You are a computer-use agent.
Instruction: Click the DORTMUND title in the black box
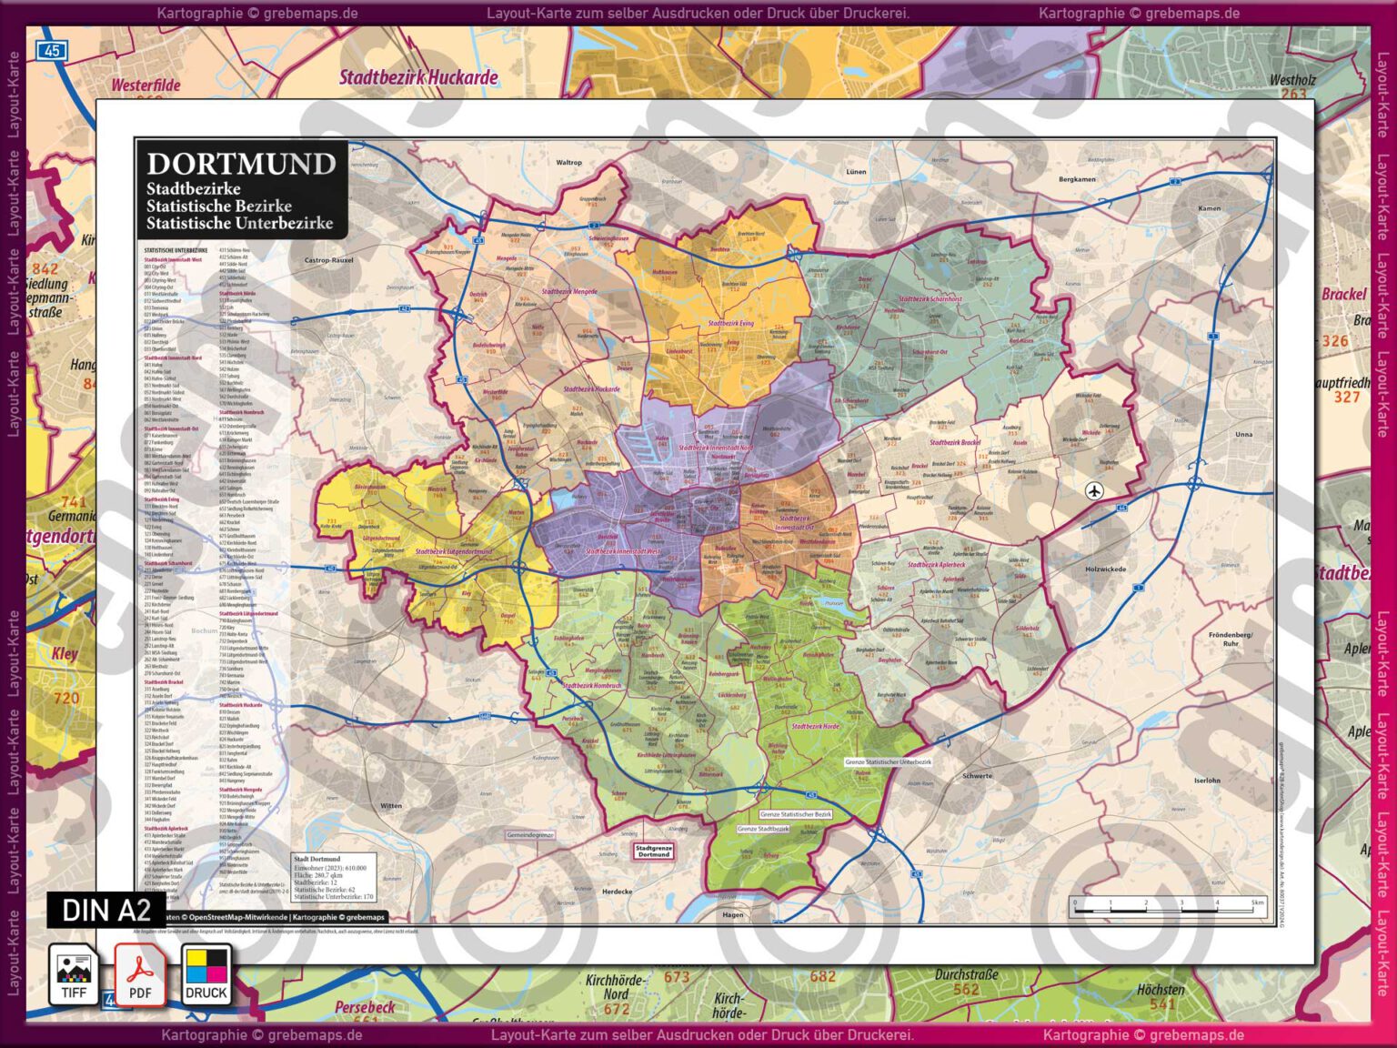(x=241, y=164)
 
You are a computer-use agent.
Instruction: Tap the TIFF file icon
(x=74, y=974)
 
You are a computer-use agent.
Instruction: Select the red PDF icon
(x=140, y=974)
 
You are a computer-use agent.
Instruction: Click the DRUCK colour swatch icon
(x=206, y=974)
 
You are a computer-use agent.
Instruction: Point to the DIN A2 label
(x=106, y=910)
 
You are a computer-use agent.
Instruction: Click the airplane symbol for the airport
(x=1093, y=491)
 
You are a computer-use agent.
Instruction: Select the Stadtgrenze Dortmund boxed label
(x=653, y=851)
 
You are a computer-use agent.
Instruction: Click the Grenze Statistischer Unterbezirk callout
(x=888, y=762)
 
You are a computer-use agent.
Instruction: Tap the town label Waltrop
(x=568, y=163)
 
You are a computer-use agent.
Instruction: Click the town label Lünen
(x=856, y=171)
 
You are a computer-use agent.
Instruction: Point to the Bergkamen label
(x=1077, y=179)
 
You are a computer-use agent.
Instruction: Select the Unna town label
(x=1243, y=434)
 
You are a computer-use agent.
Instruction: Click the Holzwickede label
(x=1105, y=569)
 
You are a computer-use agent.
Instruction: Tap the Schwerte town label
(x=977, y=776)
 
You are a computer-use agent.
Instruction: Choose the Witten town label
(x=391, y=806)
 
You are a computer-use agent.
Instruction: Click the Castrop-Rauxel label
(x=328, y=260)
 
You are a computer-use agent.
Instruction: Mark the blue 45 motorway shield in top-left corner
(x=53, y=51)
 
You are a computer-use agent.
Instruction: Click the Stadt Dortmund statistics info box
(x=333, y=877)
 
